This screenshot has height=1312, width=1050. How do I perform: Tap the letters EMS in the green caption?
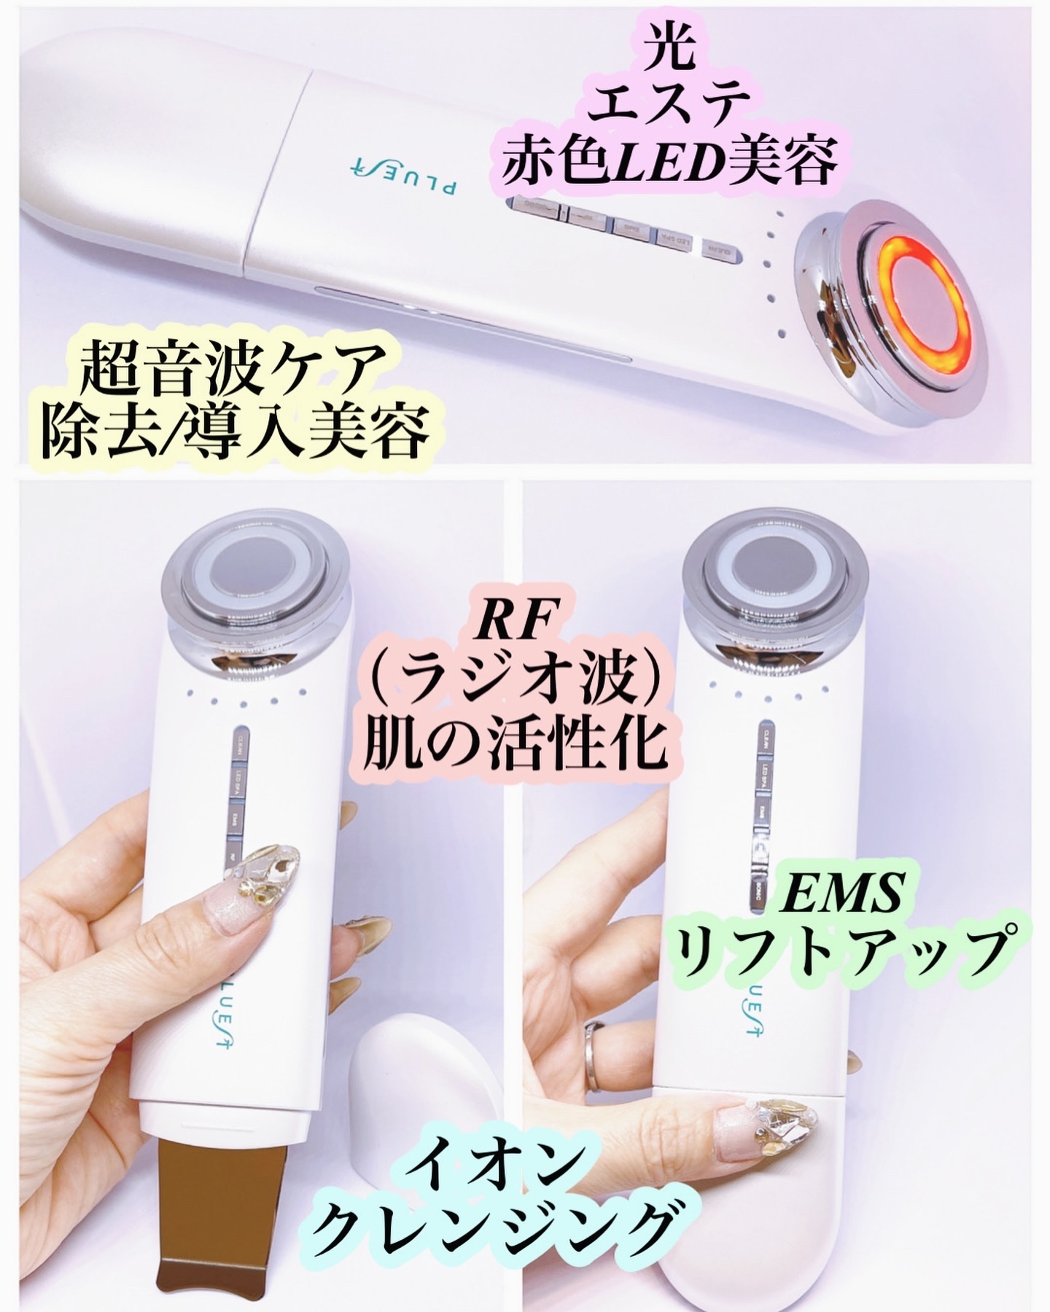(839, 894)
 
